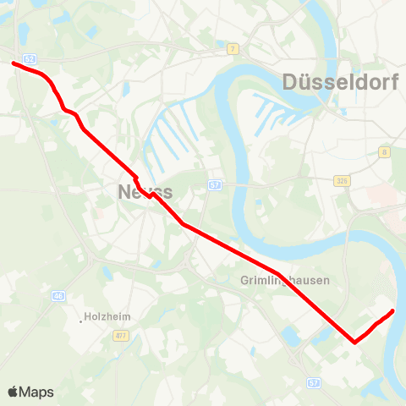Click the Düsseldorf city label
(337, 82)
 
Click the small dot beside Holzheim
(83, 320)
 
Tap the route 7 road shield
(232, 49)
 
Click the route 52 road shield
(30, 58)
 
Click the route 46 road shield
(58, 295)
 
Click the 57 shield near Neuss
(216, 184)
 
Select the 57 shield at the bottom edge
(312, 382)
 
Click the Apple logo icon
(14, 392)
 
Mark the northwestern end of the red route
(13, 62)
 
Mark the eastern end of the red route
(392, 312)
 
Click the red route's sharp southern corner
(354, 343)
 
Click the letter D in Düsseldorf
(292, 82)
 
